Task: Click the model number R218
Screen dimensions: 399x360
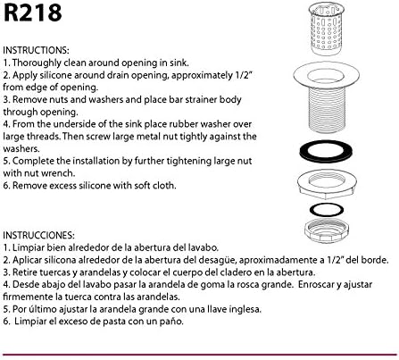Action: pos(33,13)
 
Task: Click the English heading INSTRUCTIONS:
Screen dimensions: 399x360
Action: pos(36,50)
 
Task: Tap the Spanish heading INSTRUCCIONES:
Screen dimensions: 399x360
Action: pos(38,235)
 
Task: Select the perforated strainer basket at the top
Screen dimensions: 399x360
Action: pos(327,29)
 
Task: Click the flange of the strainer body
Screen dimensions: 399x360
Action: pos(326,76)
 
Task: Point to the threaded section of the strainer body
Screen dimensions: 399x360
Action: pos(326,110)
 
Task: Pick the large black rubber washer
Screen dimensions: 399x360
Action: pos(326,151)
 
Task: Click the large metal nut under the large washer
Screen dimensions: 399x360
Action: pos(327,184)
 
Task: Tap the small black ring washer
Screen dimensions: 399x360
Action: pos(327,210)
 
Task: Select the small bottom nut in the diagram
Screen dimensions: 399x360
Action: pos(327,230)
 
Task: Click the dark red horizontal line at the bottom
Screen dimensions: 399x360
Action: pos(199,355)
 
